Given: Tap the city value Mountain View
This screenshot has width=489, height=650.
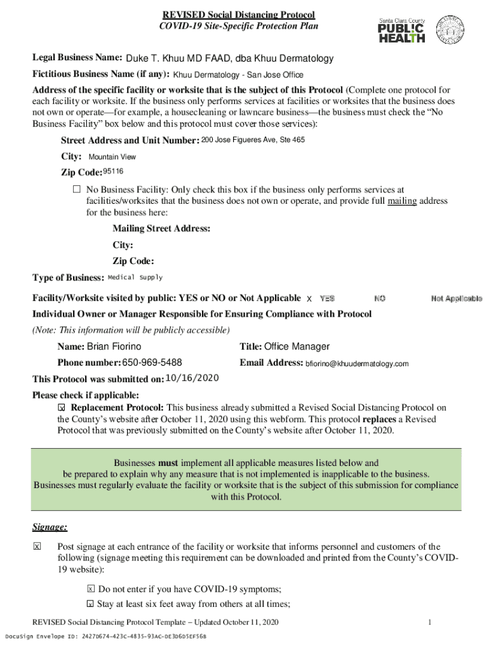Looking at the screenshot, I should [x=112, y=157].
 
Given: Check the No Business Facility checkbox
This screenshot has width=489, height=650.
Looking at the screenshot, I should [x=77, y=189].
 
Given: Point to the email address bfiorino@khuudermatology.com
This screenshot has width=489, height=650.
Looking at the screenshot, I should [x=357, y=364].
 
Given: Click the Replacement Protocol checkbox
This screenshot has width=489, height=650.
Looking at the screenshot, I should [x=62, y=408].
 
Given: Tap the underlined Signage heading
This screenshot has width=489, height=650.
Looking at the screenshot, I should [x=50, y=527].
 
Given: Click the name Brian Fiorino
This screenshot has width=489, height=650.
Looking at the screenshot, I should [x=114, y=347].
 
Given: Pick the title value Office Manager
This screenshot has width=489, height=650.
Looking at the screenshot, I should [x=297, y=347].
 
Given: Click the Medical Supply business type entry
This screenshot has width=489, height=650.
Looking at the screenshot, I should [x=135, y=277].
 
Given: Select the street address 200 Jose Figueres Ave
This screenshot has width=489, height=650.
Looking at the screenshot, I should [x=253, y=140].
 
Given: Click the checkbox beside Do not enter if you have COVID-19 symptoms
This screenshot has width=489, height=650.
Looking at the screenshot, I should [x=91, y=589].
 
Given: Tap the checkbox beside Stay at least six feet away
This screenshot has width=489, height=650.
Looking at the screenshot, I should [x=91, y=604].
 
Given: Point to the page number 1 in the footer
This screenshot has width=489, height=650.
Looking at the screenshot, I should [x=430, y=622].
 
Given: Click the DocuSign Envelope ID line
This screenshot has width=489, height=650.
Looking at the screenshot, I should [x=105, y=636].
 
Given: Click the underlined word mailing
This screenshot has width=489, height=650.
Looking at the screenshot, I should [x=402, y=201].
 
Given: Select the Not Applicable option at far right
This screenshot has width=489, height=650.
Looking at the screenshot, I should [x=456, y=298].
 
